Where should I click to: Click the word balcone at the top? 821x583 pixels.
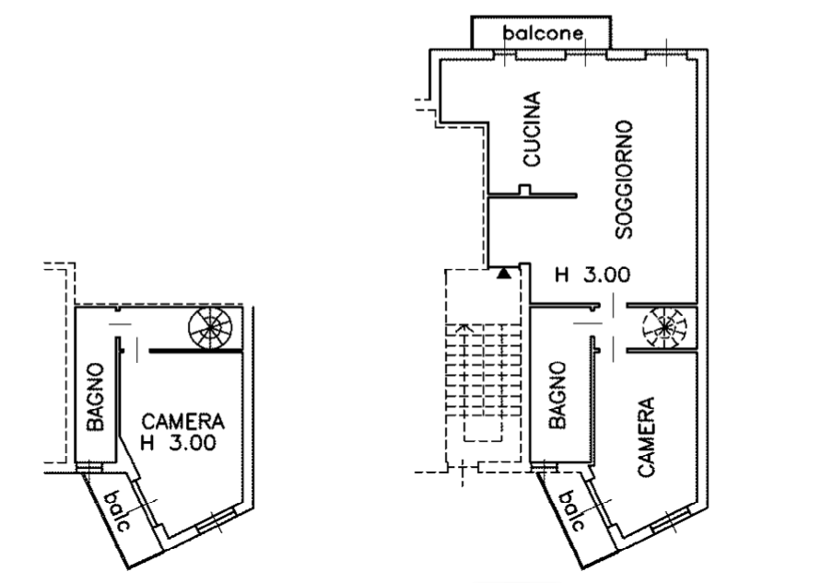click(x=543, y=33)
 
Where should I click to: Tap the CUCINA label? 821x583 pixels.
click(x=532, y=129)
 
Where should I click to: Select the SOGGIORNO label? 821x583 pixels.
click(x=624, y=180)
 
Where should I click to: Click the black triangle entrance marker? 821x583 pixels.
click(x=504, y=273)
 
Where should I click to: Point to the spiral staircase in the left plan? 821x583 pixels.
click(x=210, y=329)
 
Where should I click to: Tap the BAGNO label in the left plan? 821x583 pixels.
click(x=95, y=397)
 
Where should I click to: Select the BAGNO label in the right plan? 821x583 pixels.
click(x=557, y=395)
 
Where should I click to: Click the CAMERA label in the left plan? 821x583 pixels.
click(x=182, y=421)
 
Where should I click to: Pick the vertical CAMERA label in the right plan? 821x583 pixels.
click(x=646, y=437)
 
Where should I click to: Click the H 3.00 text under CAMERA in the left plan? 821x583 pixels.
click(x=178, y=443)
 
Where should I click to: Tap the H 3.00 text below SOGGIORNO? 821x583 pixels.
click(x=592, y=274)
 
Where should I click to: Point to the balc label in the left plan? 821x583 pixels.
click(x=120, y=511)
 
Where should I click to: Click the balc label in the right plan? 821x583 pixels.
click(x=573, y=511)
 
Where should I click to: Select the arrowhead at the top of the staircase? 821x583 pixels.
click(x=463, y=328)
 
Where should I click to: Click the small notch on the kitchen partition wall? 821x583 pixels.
click(x=524, y=190)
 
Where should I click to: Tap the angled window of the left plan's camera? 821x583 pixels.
click(x=216, y=520)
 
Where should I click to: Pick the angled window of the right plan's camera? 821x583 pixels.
click(x=670, y=520)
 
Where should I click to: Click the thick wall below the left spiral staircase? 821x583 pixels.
click(x=196, y=351)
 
